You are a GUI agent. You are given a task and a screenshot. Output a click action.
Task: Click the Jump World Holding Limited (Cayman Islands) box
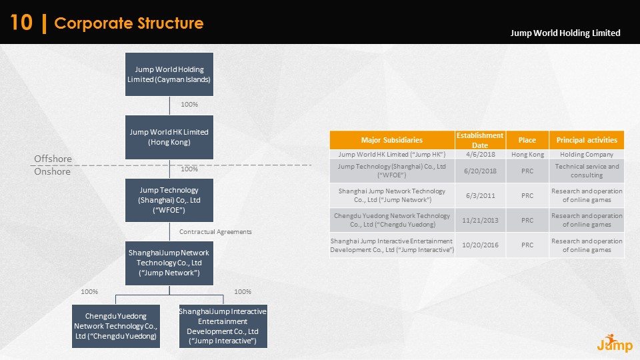[169, 74]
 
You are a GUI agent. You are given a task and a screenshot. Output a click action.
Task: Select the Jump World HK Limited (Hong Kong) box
[169, 137]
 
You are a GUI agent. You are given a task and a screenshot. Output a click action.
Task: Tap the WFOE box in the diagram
[169, 200]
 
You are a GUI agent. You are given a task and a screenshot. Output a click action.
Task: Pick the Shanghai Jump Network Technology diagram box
[169, 263]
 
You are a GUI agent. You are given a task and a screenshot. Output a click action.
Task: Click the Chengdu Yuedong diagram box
[116, 326]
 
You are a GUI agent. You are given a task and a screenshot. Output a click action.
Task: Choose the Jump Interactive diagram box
[223, 326]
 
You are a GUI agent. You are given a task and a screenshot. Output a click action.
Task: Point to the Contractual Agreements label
[215, 231]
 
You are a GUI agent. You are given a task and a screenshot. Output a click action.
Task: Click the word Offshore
[53, 159]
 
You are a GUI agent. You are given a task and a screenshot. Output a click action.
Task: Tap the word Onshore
[52, 171]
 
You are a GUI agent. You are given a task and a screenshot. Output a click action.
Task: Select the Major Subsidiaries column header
[392, 140]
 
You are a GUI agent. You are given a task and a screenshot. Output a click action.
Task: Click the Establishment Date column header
[479, 140]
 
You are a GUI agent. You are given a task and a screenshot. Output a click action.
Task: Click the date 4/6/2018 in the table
[479, 154]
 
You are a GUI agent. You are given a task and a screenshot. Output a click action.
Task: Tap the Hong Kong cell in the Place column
[527, 154]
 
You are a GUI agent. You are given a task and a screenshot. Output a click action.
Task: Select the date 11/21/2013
[479, 220]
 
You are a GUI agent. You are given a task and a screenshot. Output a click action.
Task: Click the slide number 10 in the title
[21, 23]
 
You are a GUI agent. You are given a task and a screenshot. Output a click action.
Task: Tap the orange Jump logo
[609, 342]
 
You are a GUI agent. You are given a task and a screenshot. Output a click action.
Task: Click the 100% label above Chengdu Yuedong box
[89, 292]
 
